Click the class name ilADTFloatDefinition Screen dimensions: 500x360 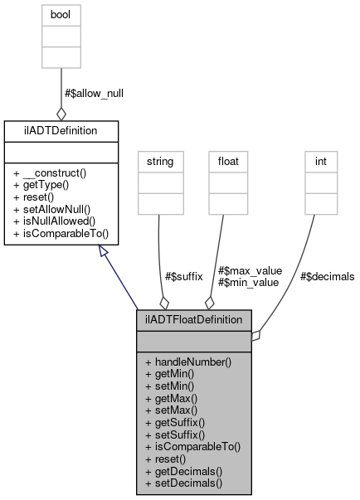click(194, 318)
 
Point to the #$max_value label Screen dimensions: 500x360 click(250, 270)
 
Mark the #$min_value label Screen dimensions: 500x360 click(249, 282)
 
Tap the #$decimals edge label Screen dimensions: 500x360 click(327, 276)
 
